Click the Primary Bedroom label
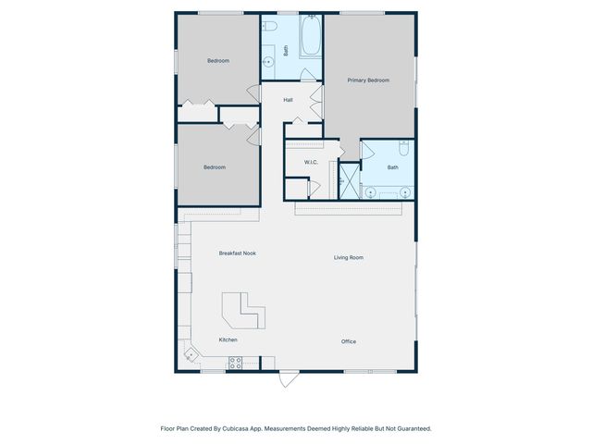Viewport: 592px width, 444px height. coord(368,80)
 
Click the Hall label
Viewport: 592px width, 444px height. coord(288,100)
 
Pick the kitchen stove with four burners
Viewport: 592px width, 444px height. coord(235,364)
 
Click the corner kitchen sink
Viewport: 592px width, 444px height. coord(190,353)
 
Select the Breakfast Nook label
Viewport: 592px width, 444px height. coord(237,253)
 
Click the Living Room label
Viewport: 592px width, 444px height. coord(348,257)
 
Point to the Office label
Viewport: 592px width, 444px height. coord(348,341)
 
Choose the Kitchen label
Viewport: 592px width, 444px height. coord(228,339)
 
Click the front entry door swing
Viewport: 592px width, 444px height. coord(290,380)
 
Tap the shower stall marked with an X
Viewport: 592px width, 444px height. coord(348,179)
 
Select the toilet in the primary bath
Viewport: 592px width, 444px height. coord(403,148)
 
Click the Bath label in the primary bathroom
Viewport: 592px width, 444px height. coord(392,167)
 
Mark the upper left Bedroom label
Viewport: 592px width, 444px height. coord(217,61)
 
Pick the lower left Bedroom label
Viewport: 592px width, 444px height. coord(215,167)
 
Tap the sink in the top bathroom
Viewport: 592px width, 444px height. coord(268,63)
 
